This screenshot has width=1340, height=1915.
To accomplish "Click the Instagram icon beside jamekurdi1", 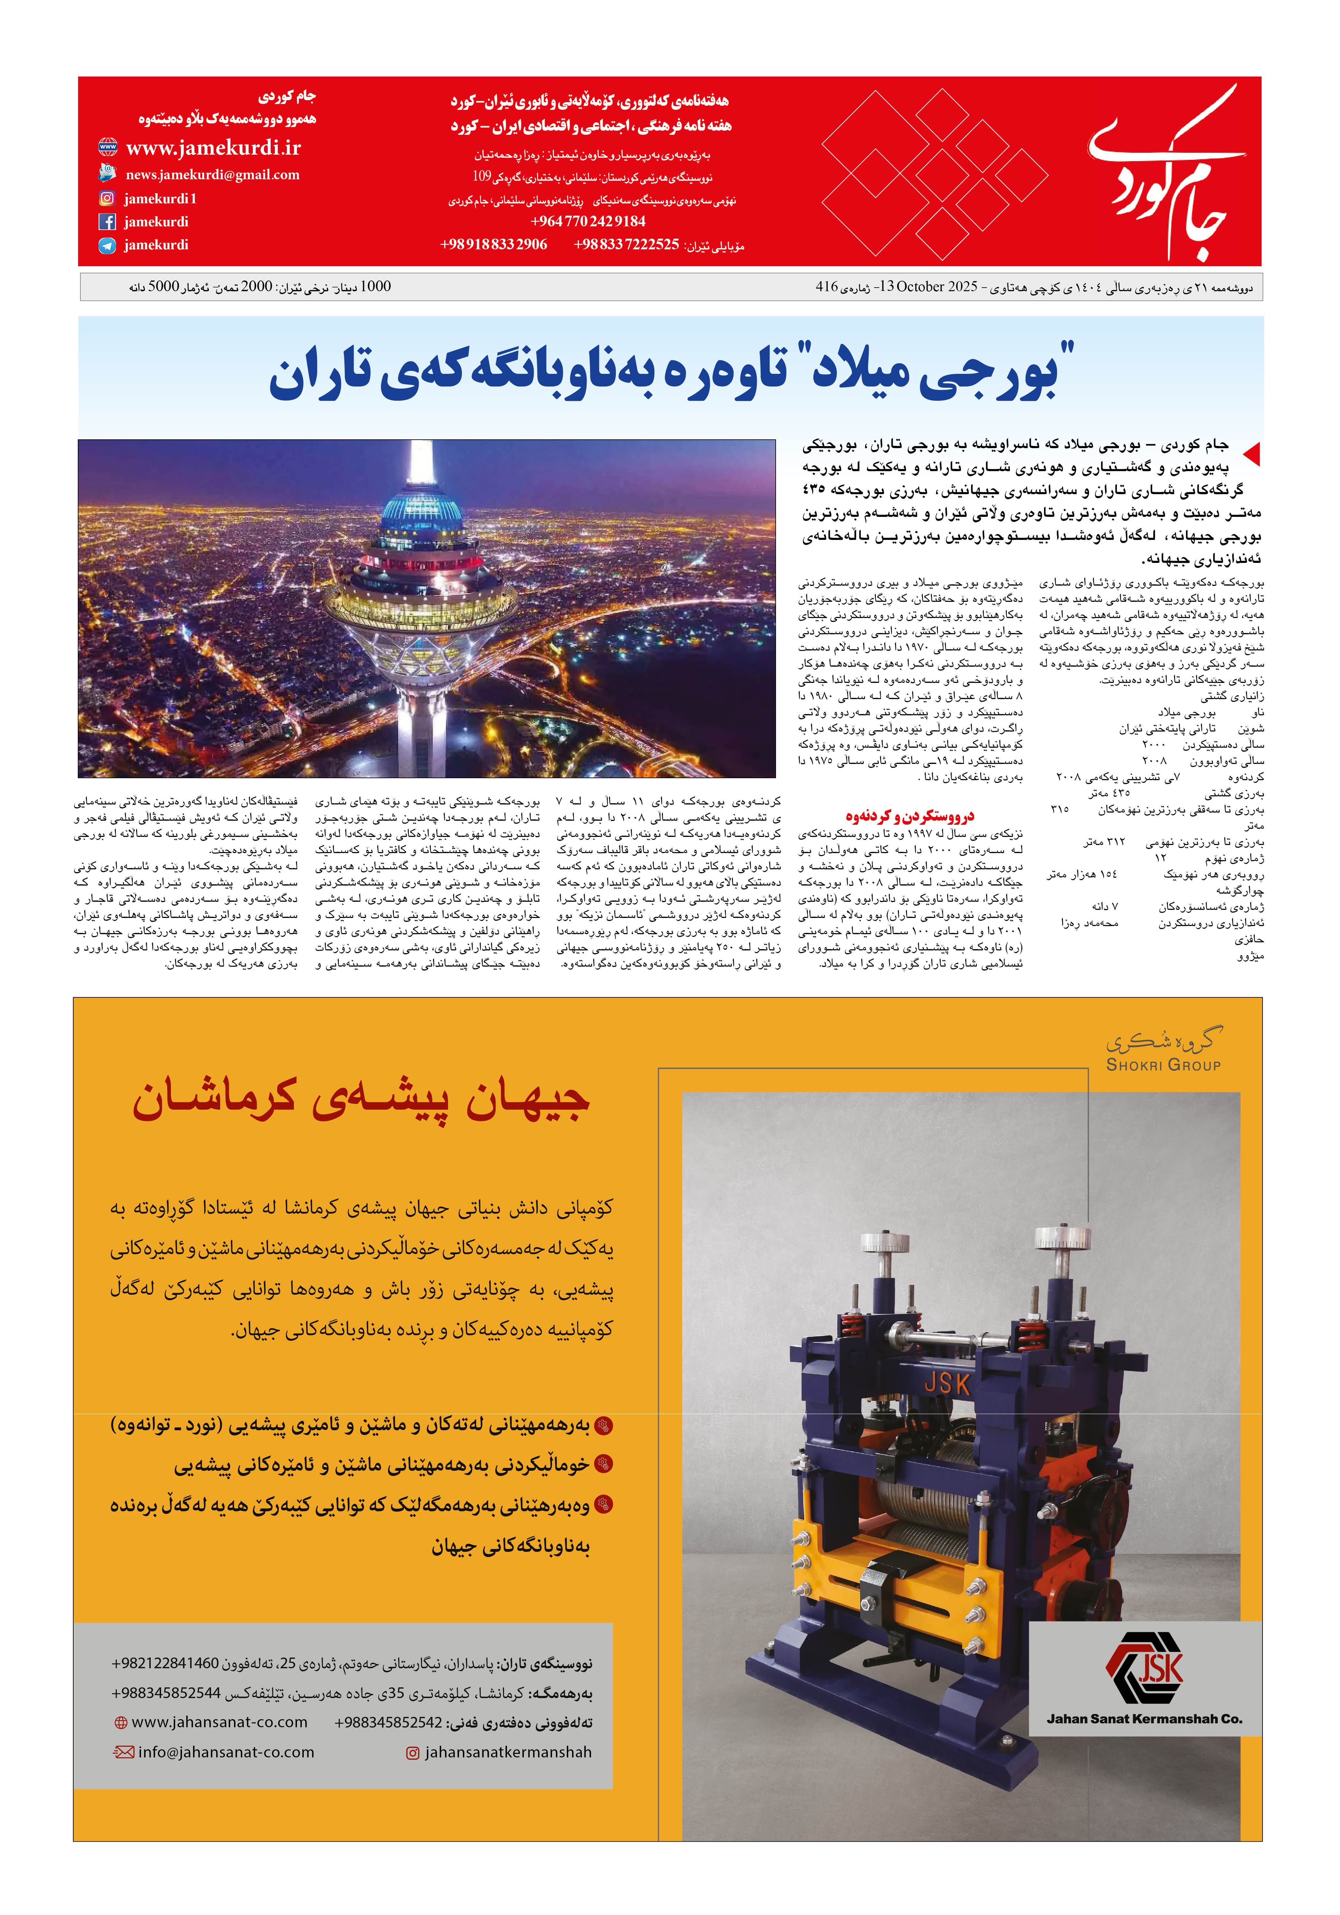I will point(107,198).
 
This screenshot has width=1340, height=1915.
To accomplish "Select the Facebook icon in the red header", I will point(107,222).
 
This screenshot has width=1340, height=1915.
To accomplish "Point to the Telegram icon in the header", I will point(107,245).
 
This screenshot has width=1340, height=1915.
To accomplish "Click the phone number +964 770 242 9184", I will point(588,221).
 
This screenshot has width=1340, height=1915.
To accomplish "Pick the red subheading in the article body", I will point(909,816).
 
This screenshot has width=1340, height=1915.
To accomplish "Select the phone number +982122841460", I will point(165,1663).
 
